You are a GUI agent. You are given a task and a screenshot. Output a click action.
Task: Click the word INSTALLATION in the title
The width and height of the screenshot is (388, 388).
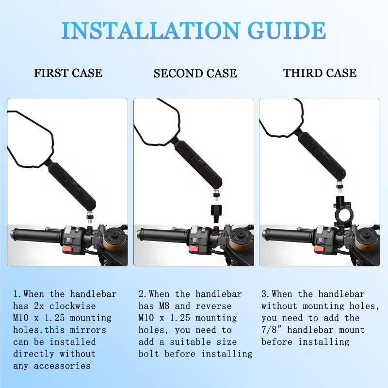(x=151, y=31)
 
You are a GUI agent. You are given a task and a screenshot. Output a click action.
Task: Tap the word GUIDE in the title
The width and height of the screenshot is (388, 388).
(x=286, y=31)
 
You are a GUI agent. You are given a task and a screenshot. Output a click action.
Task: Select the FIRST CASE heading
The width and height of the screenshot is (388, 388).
(x=68, y=73)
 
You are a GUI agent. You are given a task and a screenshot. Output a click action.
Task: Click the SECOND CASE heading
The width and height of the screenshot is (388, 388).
(x=195, y=73)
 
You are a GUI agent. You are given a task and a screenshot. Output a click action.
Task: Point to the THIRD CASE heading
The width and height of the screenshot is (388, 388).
(x=320, y=73)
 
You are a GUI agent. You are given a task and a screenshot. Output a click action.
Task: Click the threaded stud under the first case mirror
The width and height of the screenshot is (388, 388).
(x=89, y=217)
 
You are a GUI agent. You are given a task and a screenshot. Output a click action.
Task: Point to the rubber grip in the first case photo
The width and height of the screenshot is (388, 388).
(x=36, y=234)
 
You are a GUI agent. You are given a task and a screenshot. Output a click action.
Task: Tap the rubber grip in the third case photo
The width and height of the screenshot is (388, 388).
(x=289, y=234)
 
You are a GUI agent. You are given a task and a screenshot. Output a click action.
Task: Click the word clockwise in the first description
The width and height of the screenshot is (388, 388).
(x=72, y=306)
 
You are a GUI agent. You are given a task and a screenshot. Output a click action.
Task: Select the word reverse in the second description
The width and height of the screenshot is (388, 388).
(x=213, y=306)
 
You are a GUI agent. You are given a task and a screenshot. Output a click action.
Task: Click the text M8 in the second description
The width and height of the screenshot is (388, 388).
(x=164, y=306)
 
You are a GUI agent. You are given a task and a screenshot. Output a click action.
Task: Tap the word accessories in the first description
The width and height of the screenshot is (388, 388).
(x=62, y=366)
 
